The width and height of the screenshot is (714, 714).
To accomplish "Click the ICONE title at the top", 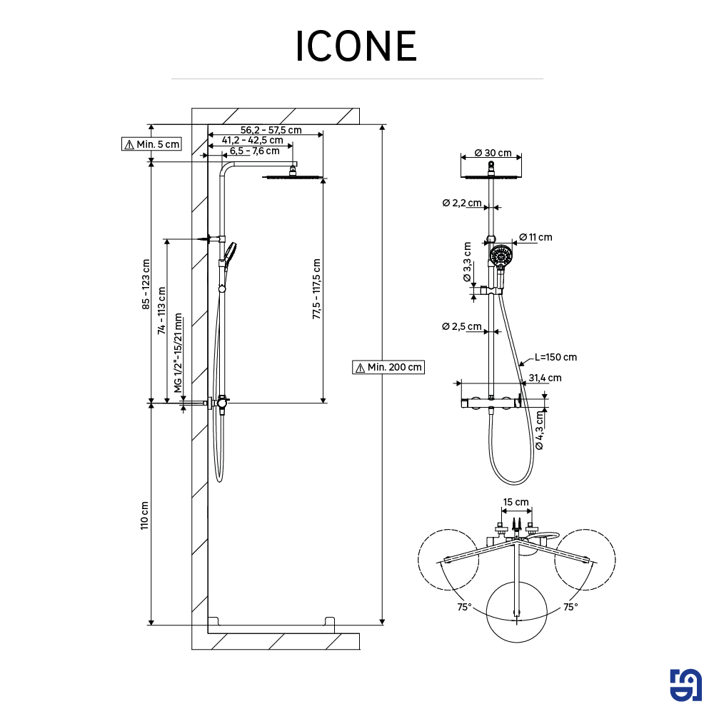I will coord(356,46).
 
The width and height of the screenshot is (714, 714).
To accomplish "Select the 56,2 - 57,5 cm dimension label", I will coord(271,130).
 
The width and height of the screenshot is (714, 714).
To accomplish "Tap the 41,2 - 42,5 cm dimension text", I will coord(252,141).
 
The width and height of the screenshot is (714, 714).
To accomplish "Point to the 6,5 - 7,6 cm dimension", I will coord(254,151).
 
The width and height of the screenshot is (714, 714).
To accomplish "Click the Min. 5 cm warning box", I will coord(151,144).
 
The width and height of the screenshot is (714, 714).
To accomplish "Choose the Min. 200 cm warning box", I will coord(388,367).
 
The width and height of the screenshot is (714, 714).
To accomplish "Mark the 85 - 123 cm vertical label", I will coord(146,283).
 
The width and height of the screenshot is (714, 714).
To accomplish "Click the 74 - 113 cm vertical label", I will coord(162,311).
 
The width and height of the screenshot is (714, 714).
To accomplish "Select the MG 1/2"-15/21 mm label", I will coord(178,356).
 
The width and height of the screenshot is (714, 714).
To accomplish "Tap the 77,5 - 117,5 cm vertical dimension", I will coord(316,289).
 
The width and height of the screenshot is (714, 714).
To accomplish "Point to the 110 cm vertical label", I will coord(145,515).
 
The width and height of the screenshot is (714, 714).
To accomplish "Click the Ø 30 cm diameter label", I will coord(492,154).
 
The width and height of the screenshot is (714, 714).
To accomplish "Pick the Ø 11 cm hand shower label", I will coord(535,237).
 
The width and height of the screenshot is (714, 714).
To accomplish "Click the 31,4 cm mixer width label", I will coord(545,378).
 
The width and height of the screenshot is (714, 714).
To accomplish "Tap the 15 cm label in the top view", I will coord(516,502).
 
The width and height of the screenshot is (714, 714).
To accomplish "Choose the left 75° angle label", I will coord(465,607).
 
